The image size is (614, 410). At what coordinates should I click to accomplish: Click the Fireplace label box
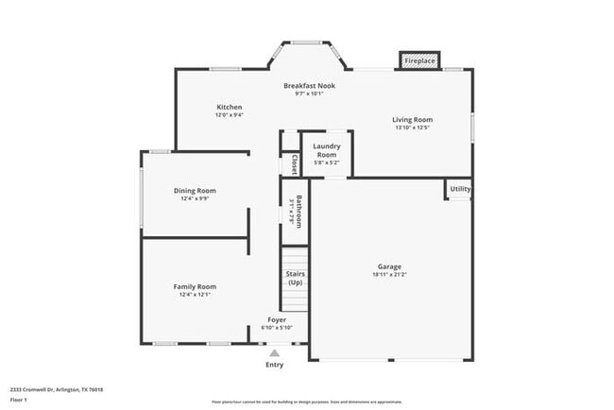(x=420, y=60)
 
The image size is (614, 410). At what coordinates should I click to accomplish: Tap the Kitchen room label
(x=230, y=107)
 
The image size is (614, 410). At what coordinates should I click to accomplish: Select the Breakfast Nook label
(x=309, y=86)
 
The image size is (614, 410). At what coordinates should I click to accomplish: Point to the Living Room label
(x=413, y=119)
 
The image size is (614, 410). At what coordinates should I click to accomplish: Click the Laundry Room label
(x=327, y=149)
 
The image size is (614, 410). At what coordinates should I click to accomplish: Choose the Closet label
(x=295, y=164)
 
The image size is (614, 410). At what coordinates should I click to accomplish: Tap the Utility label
(x=460, y=189)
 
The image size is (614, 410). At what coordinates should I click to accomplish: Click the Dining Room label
(x=195, y=190)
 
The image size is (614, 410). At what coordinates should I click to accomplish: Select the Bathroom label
(x=298, y=212)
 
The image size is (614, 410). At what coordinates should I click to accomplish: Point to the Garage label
(x=389, y=266)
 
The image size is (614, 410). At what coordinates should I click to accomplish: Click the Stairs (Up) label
(x=295, y=278)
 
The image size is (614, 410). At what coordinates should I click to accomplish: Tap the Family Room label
(x=195, y=286)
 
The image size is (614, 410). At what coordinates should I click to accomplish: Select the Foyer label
(x=277, y=319)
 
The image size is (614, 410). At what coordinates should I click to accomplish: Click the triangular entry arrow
(x=275, y=352)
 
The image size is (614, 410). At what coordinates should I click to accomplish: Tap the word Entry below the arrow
(x=274, y=365)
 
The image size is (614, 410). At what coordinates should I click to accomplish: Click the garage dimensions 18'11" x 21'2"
(x=389, y=275)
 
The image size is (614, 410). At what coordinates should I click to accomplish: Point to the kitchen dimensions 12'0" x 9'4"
(x=230, y=115)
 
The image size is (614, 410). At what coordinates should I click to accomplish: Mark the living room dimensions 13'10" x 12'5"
(x=413, y=128)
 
